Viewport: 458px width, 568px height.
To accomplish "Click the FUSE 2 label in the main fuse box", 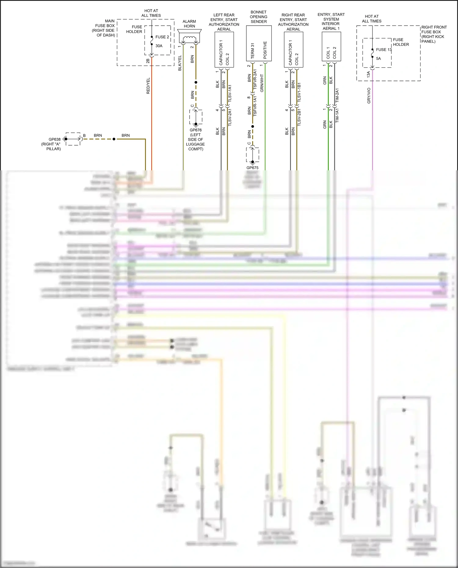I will [x=162, y=37].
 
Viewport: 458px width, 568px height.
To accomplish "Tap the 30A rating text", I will [x=159, y=46].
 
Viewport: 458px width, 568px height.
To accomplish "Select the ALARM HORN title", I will [x=189, y=24].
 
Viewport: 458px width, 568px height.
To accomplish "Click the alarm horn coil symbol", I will [x=189, y=39].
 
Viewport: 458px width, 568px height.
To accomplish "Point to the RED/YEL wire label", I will [x=148, y=86].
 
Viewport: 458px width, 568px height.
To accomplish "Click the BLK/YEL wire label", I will [x=180, y=63].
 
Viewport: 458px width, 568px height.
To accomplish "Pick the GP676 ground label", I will [x=196, y=130].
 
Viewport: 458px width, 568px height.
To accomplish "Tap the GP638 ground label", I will [x=55, y=139].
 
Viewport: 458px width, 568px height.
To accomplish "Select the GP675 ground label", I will [x=253, y=168].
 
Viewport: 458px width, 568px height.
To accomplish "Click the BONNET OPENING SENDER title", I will [x=259, y=17].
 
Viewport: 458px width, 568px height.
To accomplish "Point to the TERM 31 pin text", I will [x=253, y=51].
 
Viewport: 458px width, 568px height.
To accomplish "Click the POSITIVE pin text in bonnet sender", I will [x=265, y=50].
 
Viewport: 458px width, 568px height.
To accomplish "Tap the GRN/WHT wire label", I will [x=262, y=83].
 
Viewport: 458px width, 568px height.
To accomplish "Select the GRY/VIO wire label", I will [x=369, y=96].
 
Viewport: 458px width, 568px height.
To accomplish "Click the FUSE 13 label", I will [x=384, y=49].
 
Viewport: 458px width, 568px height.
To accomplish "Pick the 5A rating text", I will [x=378, y=58].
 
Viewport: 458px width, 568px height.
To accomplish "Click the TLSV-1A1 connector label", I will [x=230, y=93].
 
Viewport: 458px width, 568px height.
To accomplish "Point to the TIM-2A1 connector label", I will [x=337, y=95].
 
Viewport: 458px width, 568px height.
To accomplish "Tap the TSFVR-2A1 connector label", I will [x=255, y=81].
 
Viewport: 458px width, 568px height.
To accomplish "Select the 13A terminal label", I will [x=368, y=74].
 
